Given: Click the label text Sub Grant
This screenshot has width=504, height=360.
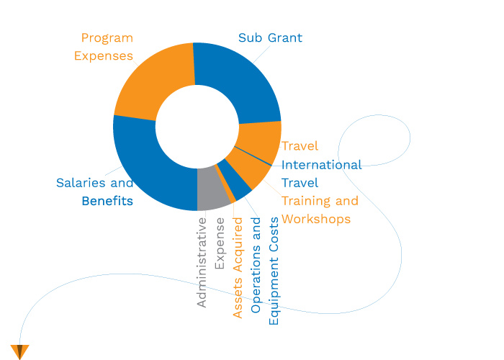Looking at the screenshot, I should (x=270, y=37).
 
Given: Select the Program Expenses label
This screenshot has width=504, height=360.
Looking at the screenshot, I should (x=107, y=47).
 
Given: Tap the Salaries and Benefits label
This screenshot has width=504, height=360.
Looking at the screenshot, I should (x=95, y=192).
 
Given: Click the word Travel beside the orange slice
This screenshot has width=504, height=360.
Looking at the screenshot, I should (x=300, y=146).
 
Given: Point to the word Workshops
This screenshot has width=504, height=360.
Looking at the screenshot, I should (x=316, y=218).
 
